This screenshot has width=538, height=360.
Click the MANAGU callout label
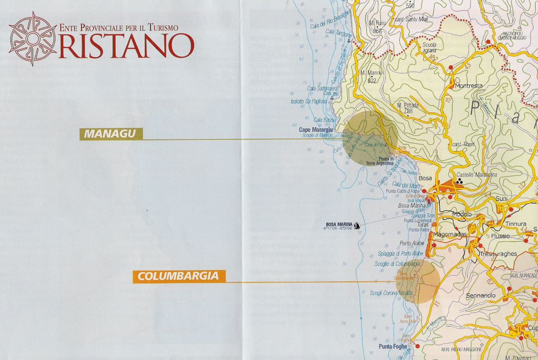tap(110, 134)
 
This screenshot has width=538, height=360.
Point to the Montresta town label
tap(468, 86)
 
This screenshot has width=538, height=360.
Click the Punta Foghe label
tap(393, 346)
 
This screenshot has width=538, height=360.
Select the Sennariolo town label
tap(480, 296)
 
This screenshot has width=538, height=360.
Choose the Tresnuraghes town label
tap(498, 254)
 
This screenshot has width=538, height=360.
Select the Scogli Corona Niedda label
tap(391, 293)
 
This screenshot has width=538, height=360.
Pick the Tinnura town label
tap(515, 224)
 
